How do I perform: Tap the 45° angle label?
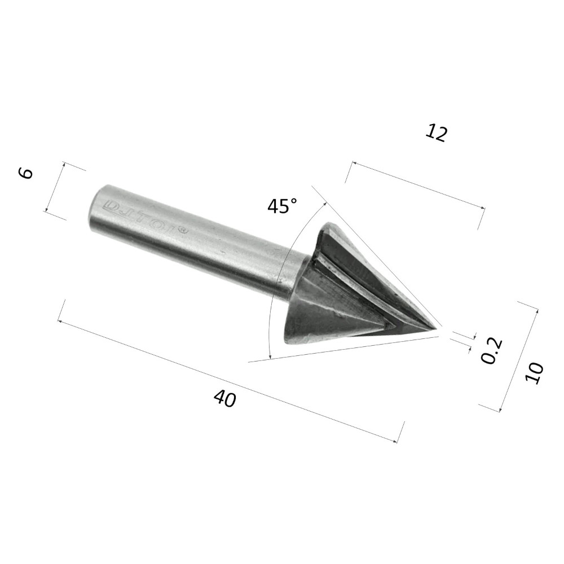coord(282,206)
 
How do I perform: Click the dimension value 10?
coord(534,373)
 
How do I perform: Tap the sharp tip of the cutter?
coord(438,328)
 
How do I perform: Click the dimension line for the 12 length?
coord(417,187)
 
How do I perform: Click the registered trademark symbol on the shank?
coord(182,230)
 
